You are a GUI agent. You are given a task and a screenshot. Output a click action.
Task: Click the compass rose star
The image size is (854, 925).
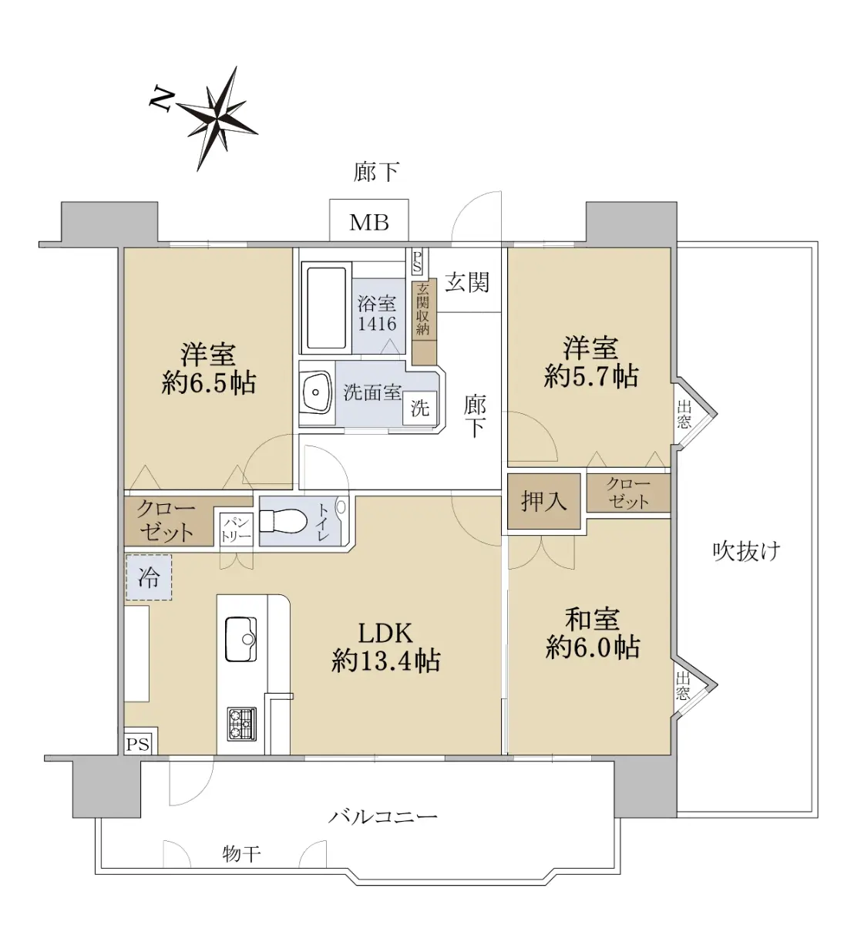point(217,119)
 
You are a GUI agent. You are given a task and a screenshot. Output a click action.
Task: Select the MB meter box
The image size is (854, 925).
point(369,221)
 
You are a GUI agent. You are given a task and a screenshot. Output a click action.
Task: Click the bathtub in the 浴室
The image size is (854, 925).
point(327,308)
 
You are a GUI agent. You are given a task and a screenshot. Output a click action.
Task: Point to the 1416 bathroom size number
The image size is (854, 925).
point(377,324)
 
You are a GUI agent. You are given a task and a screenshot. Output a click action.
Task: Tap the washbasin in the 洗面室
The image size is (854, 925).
point(316,392)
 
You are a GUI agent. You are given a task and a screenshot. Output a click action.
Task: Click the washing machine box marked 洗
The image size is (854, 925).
point(420,409)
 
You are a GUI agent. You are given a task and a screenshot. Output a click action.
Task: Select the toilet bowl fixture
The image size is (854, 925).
point(283,521)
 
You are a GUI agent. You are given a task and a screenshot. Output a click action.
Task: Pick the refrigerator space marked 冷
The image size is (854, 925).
point(148,577)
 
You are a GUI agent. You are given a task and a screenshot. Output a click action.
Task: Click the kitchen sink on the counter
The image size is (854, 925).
point(241,638)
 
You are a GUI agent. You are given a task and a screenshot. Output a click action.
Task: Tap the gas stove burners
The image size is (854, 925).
point(242,724)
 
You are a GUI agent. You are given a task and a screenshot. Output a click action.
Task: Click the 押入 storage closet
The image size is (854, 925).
point(543,501)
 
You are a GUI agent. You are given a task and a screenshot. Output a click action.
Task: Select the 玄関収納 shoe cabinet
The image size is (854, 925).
point(423,321)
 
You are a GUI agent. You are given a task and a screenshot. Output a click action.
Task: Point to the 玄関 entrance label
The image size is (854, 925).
point(467,282)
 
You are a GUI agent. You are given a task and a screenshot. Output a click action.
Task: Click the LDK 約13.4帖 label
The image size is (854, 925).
point(385,647)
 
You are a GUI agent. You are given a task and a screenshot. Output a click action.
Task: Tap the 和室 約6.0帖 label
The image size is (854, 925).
point(593,634)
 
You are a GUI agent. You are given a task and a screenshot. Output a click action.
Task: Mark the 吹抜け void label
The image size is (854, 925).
point(746,552)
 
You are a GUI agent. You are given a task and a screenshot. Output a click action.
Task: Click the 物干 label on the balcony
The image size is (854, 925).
point(241,854)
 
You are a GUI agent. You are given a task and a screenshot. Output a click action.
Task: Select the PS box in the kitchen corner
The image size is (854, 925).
point(139,745)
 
